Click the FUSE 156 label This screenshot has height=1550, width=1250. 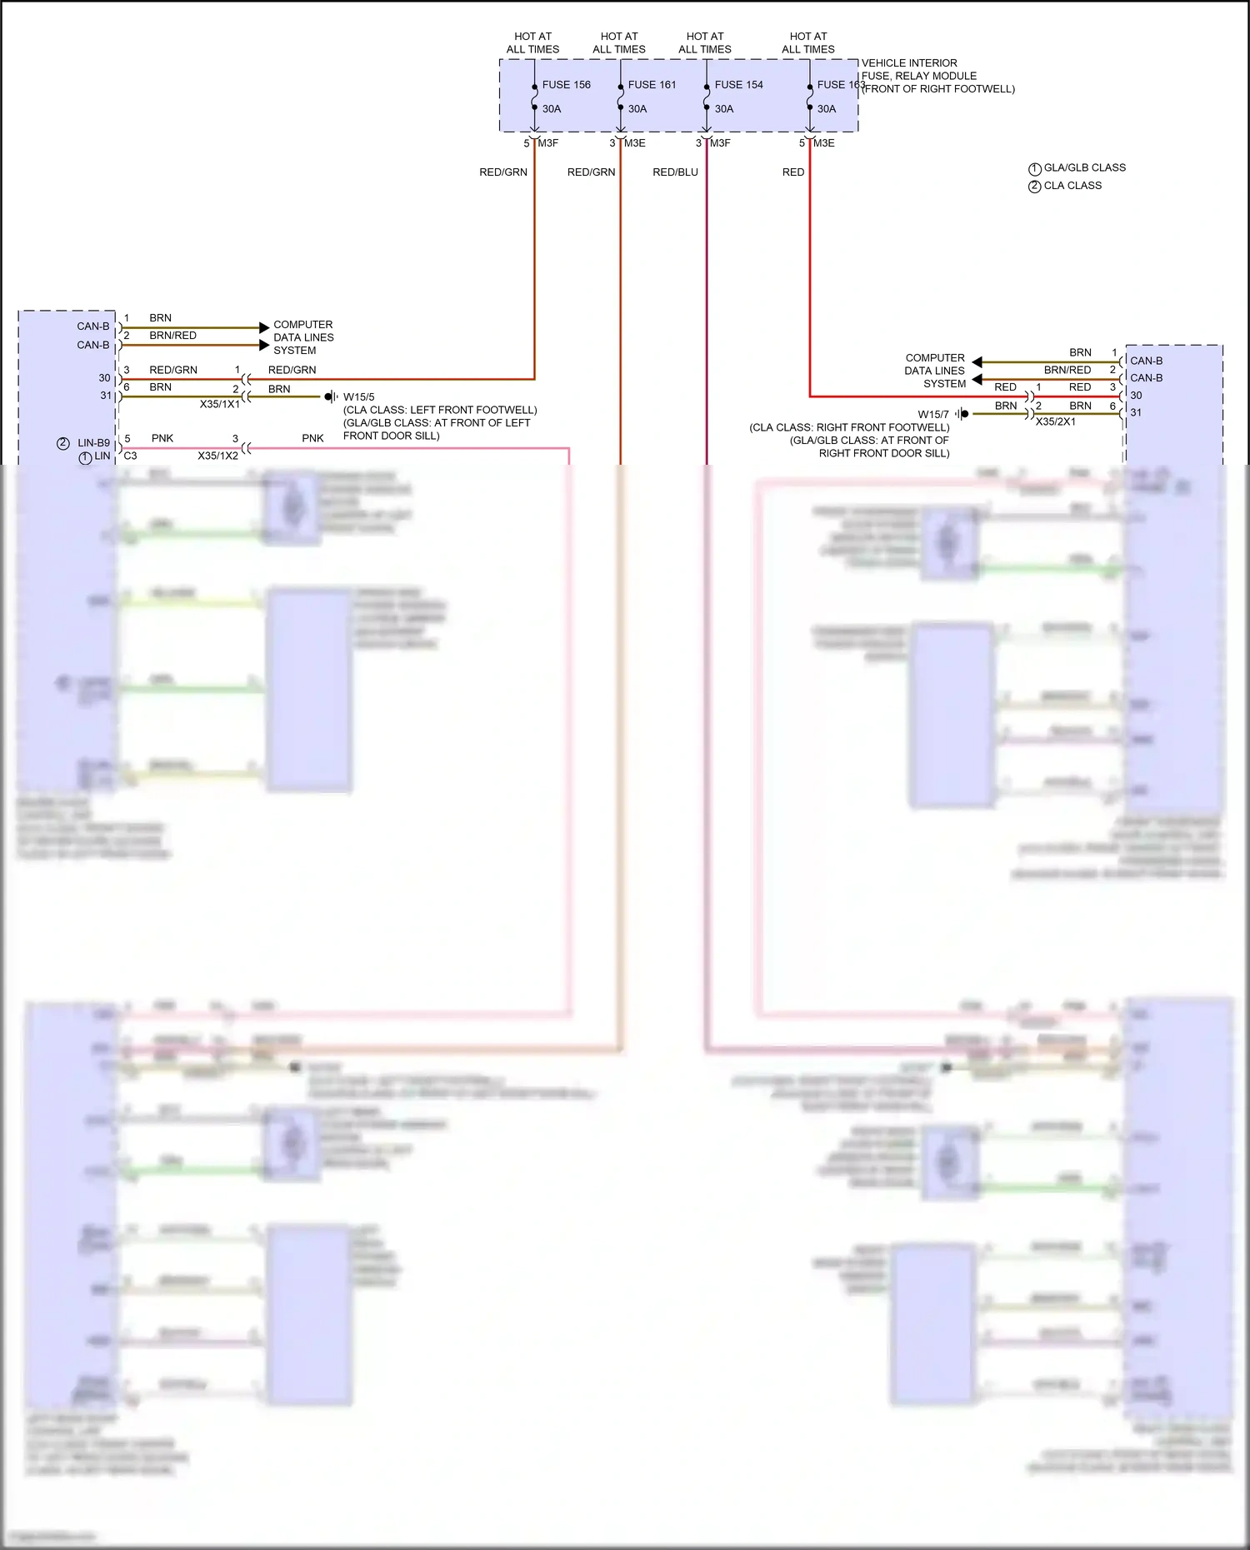coord(566,85)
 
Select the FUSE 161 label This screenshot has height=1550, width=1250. coord(652,85)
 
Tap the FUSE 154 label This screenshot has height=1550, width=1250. coord(738,85)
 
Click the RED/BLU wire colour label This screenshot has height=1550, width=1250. coord(675,172)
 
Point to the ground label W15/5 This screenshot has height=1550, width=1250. coord(359,397)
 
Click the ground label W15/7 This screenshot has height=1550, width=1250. coord(933,414)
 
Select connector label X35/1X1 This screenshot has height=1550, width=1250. coord(220,404)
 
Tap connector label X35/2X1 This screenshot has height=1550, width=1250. coord(1055,421)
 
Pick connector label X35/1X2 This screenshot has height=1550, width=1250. coord(218,456)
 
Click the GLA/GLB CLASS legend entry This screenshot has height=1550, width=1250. coord(1084,167)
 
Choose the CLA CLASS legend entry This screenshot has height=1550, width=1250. coord(1072,186)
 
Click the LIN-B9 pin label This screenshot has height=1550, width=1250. coord(93,443)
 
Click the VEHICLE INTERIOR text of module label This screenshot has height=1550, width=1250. coord(909,63)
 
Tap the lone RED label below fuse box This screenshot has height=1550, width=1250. coord(793,172)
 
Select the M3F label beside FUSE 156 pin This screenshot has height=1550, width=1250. coord(548,143)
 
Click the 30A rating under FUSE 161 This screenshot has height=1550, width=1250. coord(637,109)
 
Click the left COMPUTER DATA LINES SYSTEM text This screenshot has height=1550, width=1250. coord(303,337)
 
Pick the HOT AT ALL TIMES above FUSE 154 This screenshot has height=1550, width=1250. coord(705,42)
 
